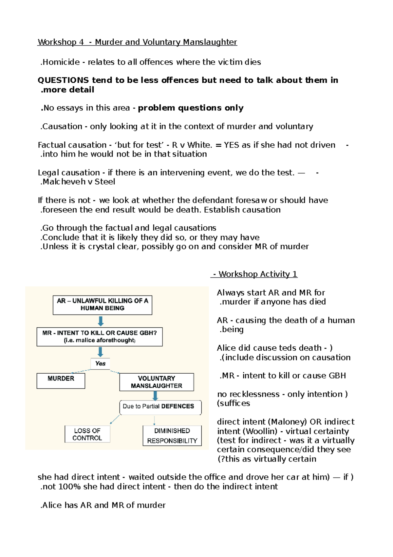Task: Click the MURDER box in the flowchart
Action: pos(61,381)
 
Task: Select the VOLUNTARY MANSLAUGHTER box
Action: pos(157,382)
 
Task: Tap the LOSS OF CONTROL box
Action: pos(87,434)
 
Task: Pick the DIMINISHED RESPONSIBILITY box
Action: pos(172,435)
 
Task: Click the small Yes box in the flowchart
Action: pos(100,363)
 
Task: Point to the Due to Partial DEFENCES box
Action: pos(160,407)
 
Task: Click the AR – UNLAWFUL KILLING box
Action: pos(102,305)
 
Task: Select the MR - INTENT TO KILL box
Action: pos(99,337)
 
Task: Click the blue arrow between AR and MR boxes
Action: pos(101,321)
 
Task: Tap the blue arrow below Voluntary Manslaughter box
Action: pos(156,396)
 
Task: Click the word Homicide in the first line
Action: pos(61,62)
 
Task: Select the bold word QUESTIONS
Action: pos(63,80)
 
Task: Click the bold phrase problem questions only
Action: pos(191,108)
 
